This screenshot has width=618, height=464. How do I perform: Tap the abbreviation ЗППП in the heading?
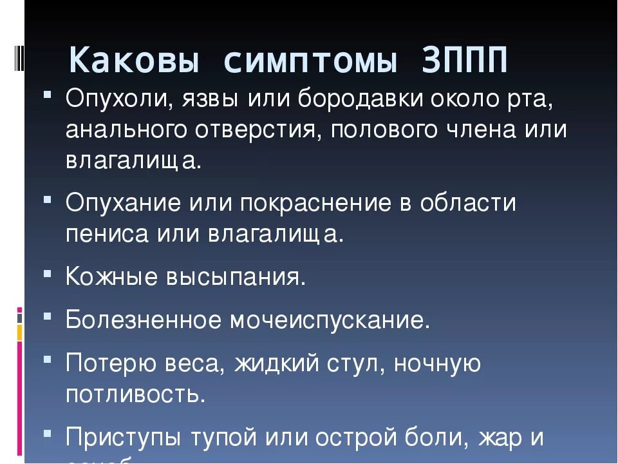pos(465,61)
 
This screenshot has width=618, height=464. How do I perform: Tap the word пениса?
pos(106,233)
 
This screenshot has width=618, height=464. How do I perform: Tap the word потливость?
pos(135,394)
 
